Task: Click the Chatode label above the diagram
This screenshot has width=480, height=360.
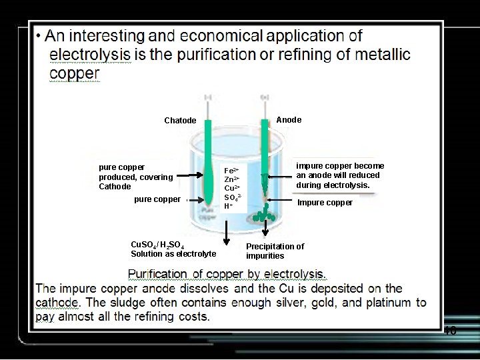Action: tap(180, 121)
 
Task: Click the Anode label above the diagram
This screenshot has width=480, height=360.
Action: tap(289, 120)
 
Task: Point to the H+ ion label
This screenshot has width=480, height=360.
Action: tap(228, 206)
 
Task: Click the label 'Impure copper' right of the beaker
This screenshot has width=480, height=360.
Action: tap(325, 203)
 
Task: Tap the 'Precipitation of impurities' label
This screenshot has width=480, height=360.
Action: tap(275, 251)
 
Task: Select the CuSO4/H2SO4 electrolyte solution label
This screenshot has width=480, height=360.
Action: tap(173, 249)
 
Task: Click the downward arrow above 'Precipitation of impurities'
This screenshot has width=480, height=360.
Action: tap(265, 231)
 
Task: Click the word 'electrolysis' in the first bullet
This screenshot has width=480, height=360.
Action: tap(84, 54)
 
